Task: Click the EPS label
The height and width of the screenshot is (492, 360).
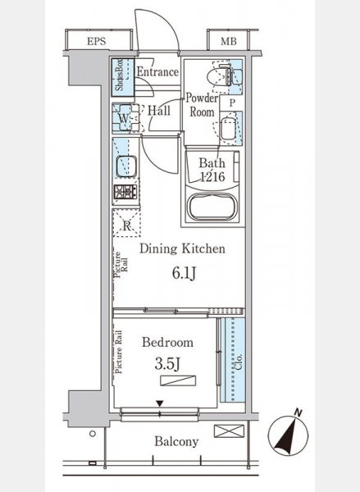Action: [x=97, y=42]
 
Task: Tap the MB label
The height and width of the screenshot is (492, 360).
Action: [x=229, y=42]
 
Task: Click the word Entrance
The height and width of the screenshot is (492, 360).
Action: [x=158, y=72]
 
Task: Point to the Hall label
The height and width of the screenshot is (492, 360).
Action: [x=159, y=111]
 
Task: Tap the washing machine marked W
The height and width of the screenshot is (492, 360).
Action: [x=125, y=117]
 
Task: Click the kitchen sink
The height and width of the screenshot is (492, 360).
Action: [x=126, y=166]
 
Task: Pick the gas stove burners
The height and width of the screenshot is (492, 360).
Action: [x=125, y=191]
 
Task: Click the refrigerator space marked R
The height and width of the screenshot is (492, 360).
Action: [x=126, y=222]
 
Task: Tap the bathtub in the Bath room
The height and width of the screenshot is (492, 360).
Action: [x=212, y=206]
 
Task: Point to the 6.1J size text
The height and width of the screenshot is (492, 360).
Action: [x=184, y=273]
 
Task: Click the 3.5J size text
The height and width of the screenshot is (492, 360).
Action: [x=167, y=364]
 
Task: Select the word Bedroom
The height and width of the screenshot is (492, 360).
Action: [x=167, y=342]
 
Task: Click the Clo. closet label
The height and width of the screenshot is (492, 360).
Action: [x=239, y=362]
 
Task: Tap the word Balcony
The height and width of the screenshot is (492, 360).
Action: [x=176, y=442]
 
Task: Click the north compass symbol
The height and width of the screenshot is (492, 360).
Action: [x=288, y=435]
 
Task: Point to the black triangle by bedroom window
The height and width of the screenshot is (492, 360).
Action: [x=160, y=403]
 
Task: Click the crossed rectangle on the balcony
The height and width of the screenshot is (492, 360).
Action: [x=229, y=431]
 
